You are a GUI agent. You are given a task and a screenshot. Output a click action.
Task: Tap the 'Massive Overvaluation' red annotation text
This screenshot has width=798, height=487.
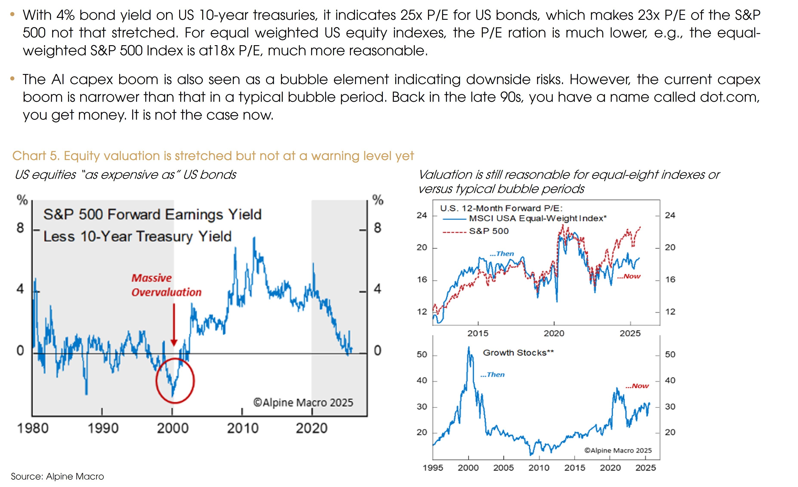pyautogui.click(x=166, y=285)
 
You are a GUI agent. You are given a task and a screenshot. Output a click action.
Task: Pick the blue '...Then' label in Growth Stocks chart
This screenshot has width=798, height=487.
pyautogui.click(x=492, y=375)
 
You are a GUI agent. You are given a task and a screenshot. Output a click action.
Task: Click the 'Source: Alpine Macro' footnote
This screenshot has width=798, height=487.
pyautogui.click(x=57, y=476)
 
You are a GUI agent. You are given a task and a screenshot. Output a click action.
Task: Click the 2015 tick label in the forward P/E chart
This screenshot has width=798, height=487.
pyautogui.click(x=478, y=333)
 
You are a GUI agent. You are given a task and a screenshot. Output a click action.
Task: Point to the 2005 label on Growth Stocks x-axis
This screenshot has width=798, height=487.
pyautogui.click(x=503, y=468)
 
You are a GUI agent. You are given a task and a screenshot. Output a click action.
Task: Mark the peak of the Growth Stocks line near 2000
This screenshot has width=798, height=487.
pyautogui.click(x=469, y=347)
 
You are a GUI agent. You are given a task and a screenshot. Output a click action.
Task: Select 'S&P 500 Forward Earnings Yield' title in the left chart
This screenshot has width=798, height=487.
pyautogui.click(x=152, y=215)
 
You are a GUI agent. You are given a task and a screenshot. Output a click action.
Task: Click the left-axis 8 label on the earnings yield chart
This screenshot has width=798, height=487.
pyautogui.click(x=20, y=228)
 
